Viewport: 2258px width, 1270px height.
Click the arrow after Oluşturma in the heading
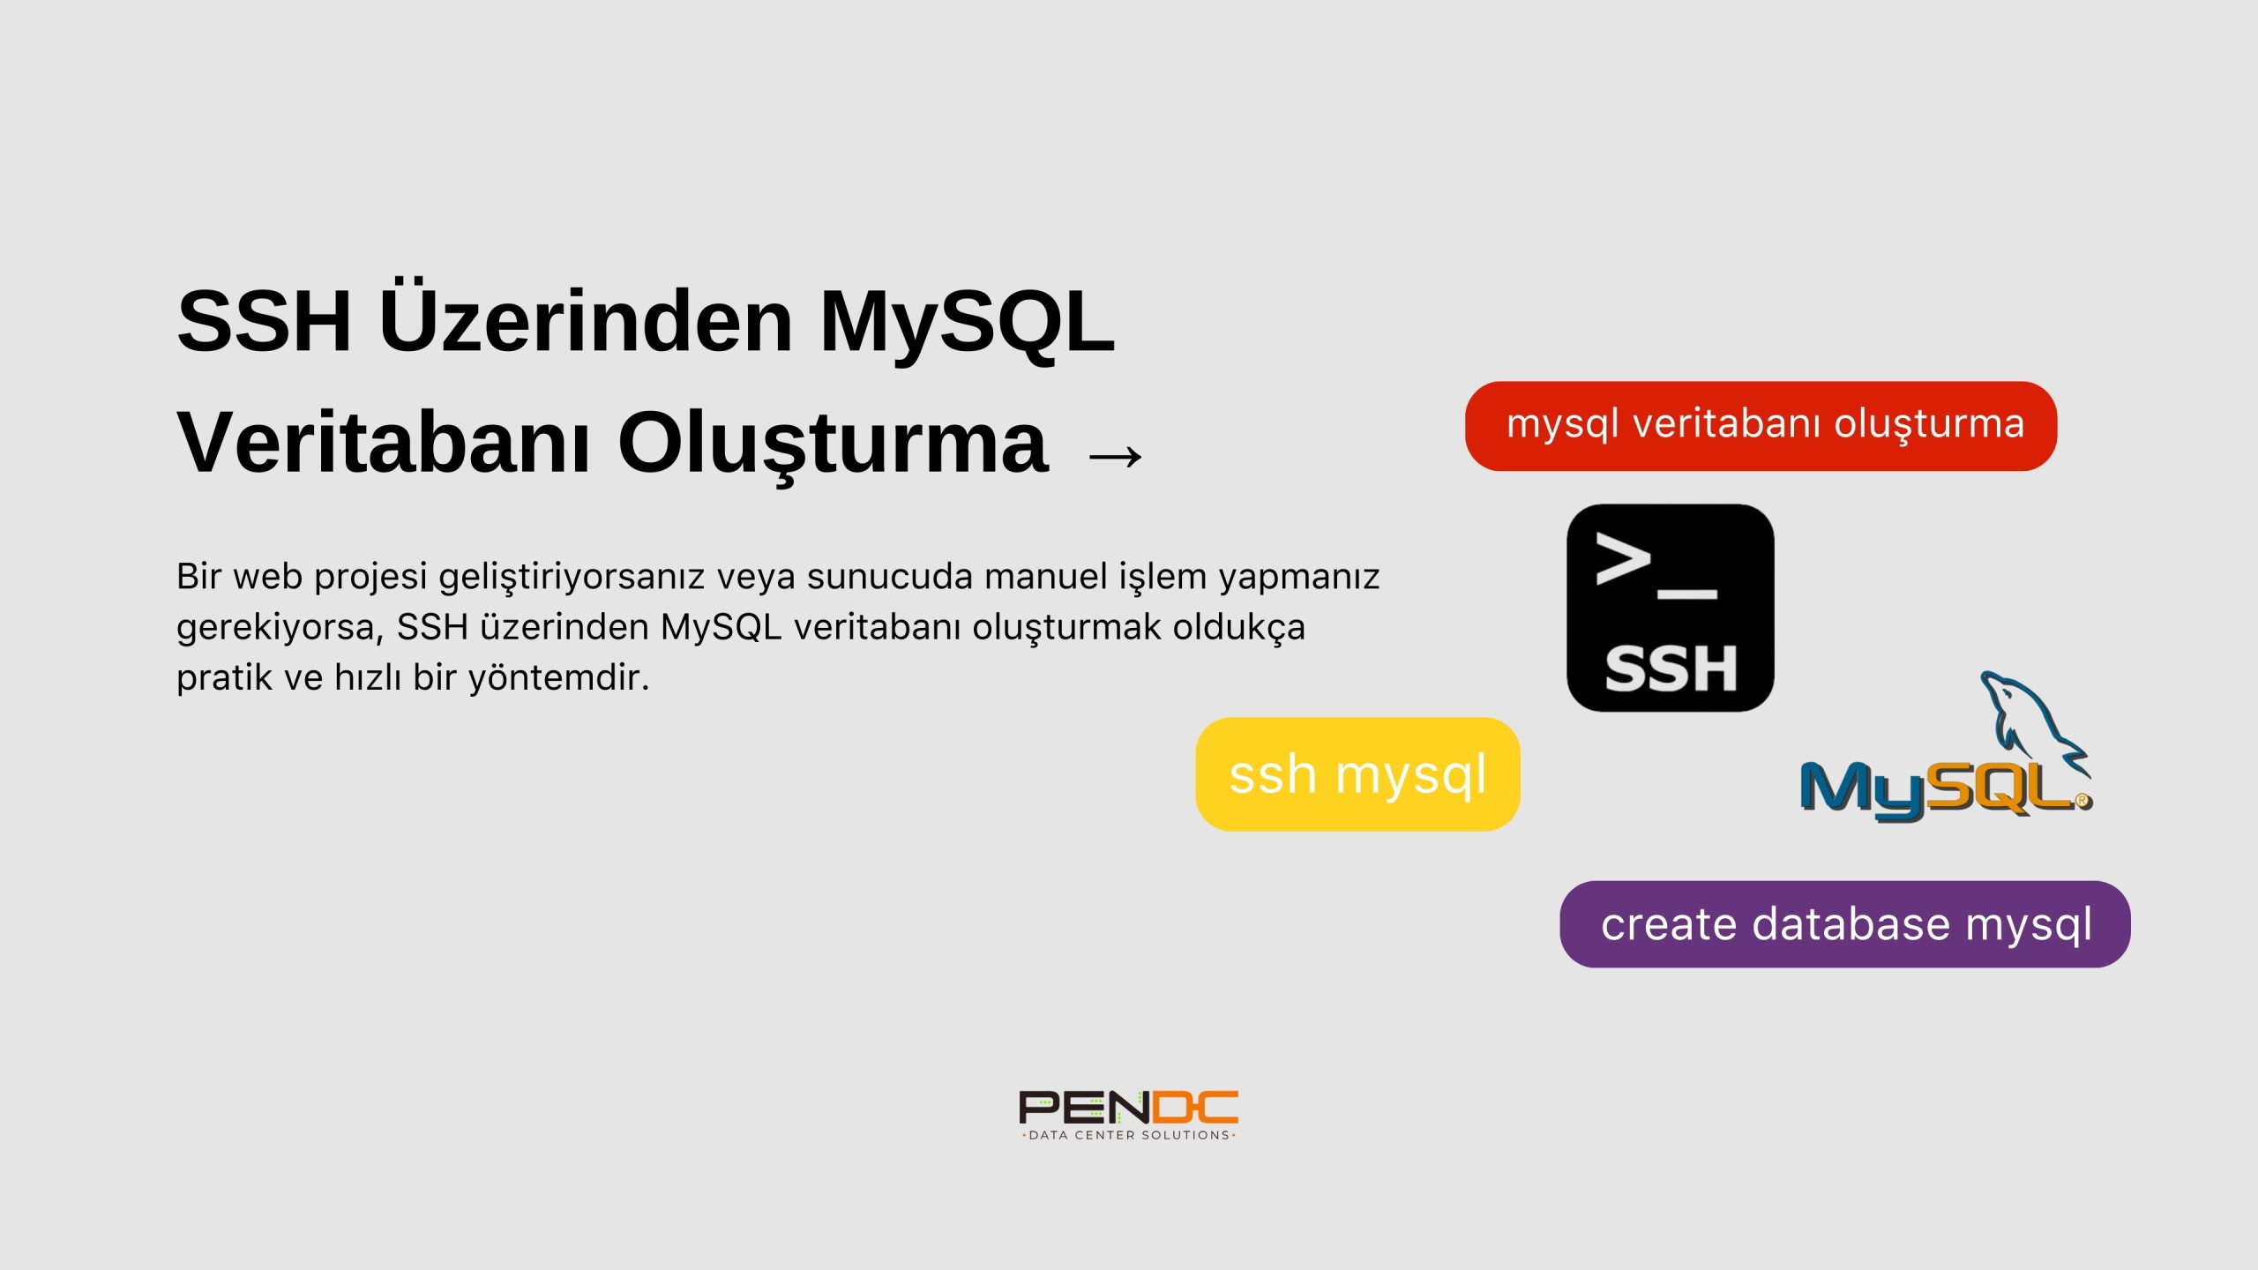pyautogui.click(x=1115, y=456)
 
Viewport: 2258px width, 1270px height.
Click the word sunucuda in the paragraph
pyautogui.click(x=889, y=577)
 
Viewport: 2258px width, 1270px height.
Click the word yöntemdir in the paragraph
pyautogui.click(x=558, y=677)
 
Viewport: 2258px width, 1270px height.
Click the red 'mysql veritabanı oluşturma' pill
pyautogui.click(x=1761, y=426)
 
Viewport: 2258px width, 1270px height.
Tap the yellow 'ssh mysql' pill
pyautogui.click(x=1357, y=773)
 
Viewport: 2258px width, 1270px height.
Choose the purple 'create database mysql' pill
pyautogui.click(x=1844, y=923)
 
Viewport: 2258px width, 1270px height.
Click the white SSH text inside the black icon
pyautogui.click(x=1670, y=668)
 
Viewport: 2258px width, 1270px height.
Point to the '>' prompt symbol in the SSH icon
pyautogui.click(x=1623, y=558)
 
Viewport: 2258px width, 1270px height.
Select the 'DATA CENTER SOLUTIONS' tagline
pyautogui.click(x=1128, y=1135)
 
